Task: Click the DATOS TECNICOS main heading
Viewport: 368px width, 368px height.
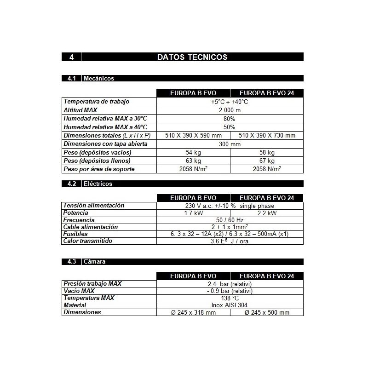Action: [x=192, y=57]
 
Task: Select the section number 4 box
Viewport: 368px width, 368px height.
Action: [x=71, y=57]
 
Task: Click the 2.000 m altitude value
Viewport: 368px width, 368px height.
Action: [x=230, y=110]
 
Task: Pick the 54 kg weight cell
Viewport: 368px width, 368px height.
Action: [x=193, y=152]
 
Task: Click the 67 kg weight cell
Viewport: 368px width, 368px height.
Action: [x=267, y=161]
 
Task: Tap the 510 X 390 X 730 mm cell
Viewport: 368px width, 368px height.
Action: [x=267, y=135]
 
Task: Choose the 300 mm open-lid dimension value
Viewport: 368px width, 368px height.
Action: [x=230, y=144]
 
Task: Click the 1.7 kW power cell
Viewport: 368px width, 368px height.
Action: [x=193, y=213]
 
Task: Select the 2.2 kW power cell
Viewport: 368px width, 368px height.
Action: [x=267, y=213]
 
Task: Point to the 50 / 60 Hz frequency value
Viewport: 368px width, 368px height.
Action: [x=230, y=220]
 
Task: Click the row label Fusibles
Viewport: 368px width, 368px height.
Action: [x=75, y=234]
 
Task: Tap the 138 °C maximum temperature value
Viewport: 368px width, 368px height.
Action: [x=230, y=298]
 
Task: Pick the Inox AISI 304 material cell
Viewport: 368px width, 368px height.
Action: [x=230, y=305]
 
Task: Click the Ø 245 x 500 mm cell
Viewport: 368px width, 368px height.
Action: [x=267, y=312]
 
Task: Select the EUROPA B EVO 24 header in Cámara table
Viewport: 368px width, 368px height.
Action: [x=267, y=276]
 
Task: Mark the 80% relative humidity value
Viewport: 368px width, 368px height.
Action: [x=230, y=119]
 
